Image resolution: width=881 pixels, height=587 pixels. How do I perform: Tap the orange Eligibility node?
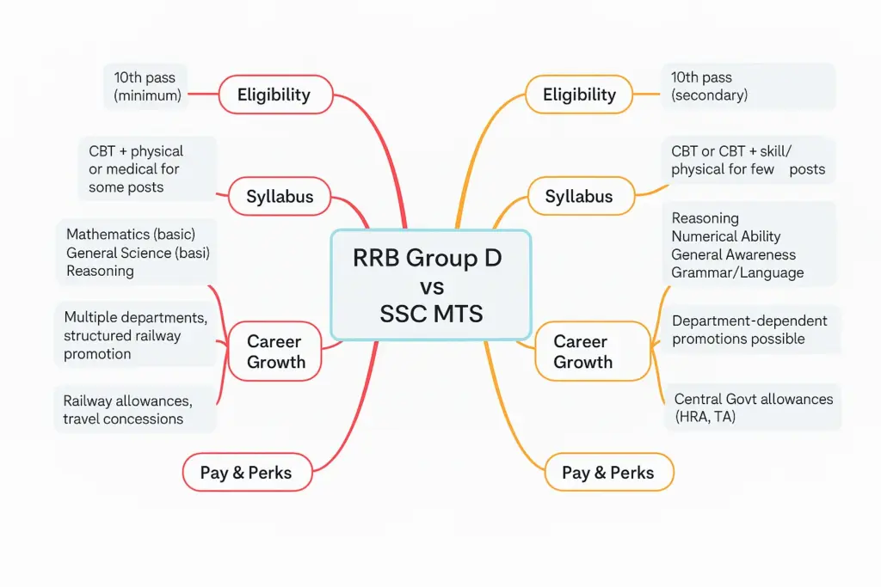click(x=579, y=95)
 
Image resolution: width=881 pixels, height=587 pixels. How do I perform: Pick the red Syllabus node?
click(x=280, y=197)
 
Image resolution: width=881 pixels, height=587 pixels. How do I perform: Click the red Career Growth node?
click(x=275, y=352)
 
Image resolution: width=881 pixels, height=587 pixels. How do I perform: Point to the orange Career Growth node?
click(x=583, y=352)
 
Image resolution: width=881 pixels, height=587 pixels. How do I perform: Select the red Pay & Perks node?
click(x=246, y=473)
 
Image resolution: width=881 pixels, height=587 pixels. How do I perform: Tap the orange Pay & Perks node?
click(x=608, y=473)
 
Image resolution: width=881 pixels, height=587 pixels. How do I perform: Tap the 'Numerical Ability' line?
click(x=726, y=236)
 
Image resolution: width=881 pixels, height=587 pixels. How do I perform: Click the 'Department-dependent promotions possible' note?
click(x=749, y=330)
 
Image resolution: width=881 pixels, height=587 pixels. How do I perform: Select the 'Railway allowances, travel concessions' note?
click(x=128, y=410)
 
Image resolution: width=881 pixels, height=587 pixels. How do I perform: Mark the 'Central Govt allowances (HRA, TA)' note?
click(x=753, y=408)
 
